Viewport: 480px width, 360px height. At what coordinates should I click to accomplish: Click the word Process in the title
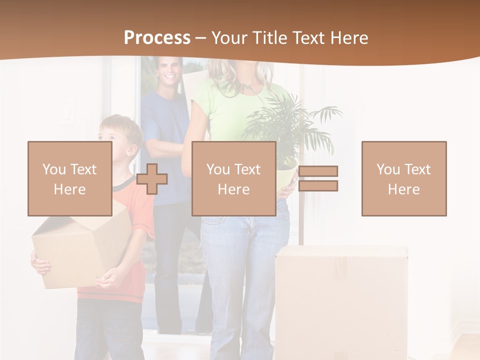coord(157,37)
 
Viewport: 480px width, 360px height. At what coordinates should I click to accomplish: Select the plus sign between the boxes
coord(152,178)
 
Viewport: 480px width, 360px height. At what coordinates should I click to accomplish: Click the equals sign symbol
coord(318,178)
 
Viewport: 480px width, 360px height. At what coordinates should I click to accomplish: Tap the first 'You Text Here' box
coord(70,178)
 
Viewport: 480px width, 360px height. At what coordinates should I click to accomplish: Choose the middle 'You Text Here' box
coord(233,178)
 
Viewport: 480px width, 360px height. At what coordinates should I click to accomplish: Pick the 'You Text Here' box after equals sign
coord(403,178)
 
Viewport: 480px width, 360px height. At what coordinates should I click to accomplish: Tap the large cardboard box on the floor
coord(340,300)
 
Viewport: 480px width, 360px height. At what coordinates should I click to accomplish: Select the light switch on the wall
coord(66,112)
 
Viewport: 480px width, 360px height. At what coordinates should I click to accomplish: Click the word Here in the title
coord(348,37)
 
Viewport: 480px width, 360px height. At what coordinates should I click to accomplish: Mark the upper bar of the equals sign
coord(318,171)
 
